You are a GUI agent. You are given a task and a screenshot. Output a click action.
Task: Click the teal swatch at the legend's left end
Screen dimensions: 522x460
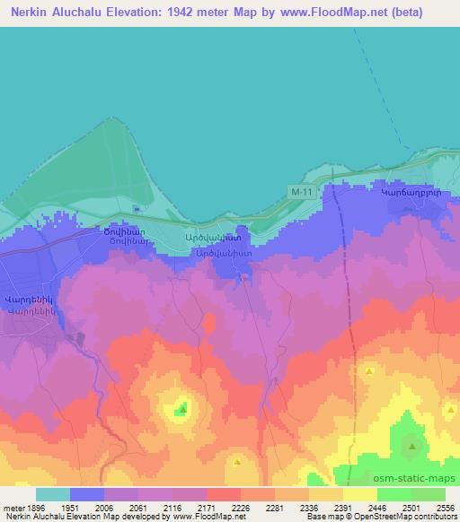point(53,494)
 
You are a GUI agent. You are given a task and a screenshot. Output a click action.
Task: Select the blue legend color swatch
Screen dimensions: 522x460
point(87,494)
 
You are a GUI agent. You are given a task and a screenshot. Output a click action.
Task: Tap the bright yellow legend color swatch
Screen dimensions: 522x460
point(360,494)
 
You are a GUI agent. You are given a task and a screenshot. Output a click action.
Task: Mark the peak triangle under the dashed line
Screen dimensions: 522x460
point(368,370)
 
